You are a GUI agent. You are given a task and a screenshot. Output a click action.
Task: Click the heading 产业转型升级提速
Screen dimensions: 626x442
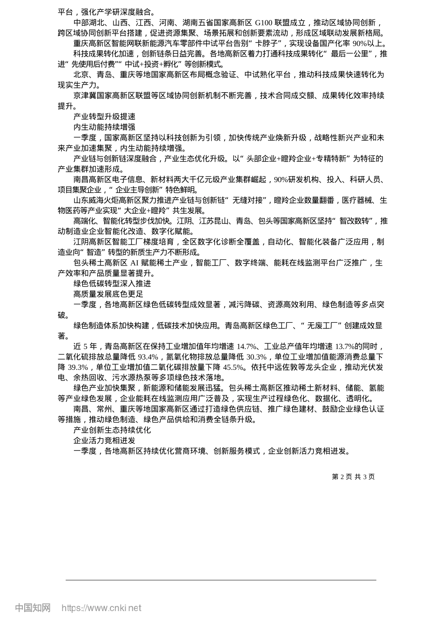(x=104, y=116)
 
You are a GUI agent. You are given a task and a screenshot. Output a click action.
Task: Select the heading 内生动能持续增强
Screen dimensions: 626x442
(x=104, y=127)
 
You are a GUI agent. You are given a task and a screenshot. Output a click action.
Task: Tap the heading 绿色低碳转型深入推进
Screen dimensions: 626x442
(x=112, y=284)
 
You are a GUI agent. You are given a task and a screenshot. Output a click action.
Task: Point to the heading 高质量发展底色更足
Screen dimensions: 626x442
(x=108, y=294)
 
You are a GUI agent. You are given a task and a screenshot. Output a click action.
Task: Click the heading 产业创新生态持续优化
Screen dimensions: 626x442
(x=112, y=430)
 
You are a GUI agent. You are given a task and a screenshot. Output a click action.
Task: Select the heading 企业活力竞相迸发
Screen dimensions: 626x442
(x=104, y=440)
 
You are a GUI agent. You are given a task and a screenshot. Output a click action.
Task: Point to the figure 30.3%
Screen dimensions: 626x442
(x=257, y=357)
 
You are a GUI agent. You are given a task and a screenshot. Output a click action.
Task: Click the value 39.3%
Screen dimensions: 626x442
(x=78, y=367)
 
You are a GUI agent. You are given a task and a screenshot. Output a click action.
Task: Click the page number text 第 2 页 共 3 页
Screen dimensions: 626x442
(x=353, y=476)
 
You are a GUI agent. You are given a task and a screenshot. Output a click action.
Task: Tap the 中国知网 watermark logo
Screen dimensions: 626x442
(x=33, y=608)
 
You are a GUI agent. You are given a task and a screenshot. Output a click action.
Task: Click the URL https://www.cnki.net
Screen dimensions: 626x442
(x=101, y=608)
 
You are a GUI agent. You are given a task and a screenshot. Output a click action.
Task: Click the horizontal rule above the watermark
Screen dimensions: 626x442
(x=221, y=580)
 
